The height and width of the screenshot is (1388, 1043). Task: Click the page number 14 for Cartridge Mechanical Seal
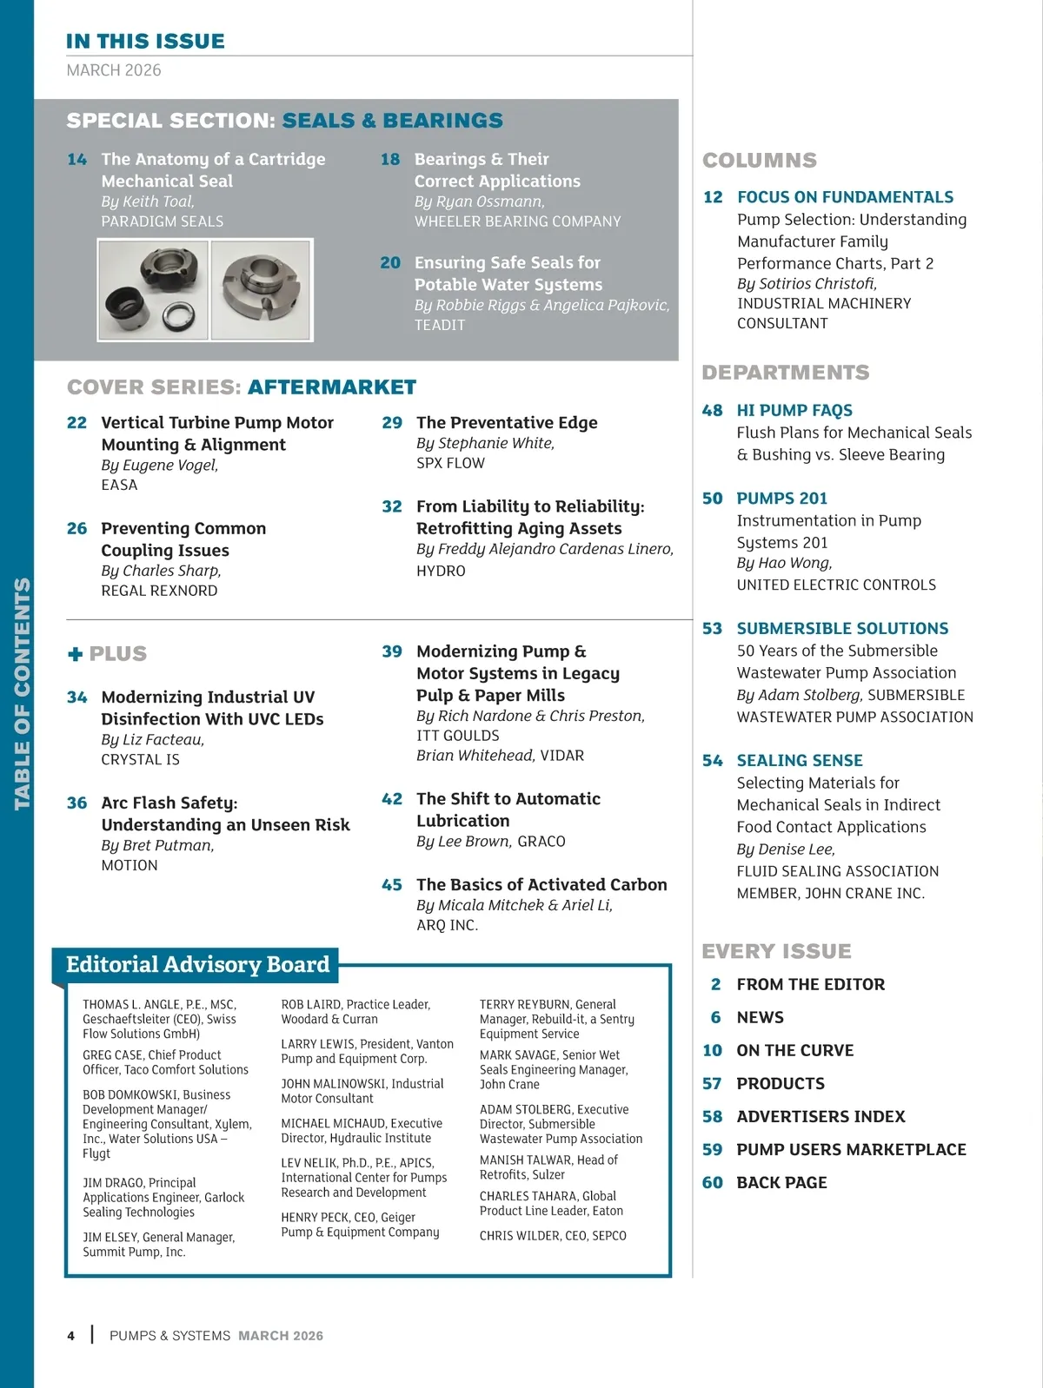[77, 160]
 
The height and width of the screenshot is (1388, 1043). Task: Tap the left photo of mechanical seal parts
[154, 290]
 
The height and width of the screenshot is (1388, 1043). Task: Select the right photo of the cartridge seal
[261, 290]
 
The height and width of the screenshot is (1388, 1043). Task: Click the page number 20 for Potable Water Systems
[390, 263]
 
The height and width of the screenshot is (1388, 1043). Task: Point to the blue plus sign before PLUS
[76, 654]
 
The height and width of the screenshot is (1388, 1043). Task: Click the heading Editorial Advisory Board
[197, 965]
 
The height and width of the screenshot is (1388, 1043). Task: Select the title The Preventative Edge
[507, 423]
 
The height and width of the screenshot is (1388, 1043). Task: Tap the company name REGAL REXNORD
[159, 591]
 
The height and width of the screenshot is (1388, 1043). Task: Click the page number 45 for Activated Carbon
[392, 885]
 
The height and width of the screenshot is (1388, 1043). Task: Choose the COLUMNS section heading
[760, 161]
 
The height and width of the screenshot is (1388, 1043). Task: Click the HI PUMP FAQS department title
[794, 411]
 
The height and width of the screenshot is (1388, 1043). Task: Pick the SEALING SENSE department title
[800, 761]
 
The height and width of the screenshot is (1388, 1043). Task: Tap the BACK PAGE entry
[781, 1183]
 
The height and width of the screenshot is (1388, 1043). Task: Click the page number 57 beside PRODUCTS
[712, 1084]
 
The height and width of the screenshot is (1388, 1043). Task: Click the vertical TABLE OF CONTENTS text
[22, 694]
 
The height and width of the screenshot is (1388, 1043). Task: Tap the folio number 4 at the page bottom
[71, 1336]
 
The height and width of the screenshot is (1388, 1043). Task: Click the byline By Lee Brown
[463, 842]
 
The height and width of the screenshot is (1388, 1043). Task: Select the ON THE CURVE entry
[794, 1051]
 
